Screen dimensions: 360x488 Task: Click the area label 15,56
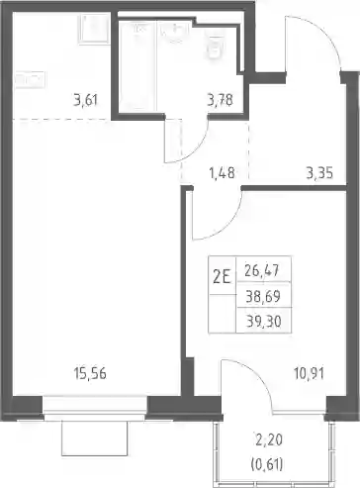click(x=90, y=374)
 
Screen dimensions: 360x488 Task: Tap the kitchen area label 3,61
click(x=86, y=100)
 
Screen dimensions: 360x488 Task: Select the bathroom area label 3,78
click(x=221, y=100)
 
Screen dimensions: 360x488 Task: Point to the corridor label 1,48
click(x=223, y=172)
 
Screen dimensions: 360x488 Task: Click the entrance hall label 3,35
click(x=319, y=172)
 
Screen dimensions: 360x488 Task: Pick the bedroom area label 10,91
click(x=309, y=374)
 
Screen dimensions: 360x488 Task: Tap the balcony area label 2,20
click(x=269, y=440)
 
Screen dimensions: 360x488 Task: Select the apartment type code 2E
click(x=222, y=277)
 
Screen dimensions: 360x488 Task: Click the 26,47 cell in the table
click(x=262, y=270)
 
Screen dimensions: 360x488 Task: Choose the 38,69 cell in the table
click(x=263, y=296)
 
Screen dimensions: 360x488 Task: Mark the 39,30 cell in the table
click(x=264, y=321)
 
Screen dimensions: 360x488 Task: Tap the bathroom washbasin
click(x=175, y=34)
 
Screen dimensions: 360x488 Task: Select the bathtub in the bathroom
click(x=136, y=66)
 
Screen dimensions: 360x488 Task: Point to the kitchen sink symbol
click(x=94, y=29)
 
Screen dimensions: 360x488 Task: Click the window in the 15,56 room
click(x=95, y=408)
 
